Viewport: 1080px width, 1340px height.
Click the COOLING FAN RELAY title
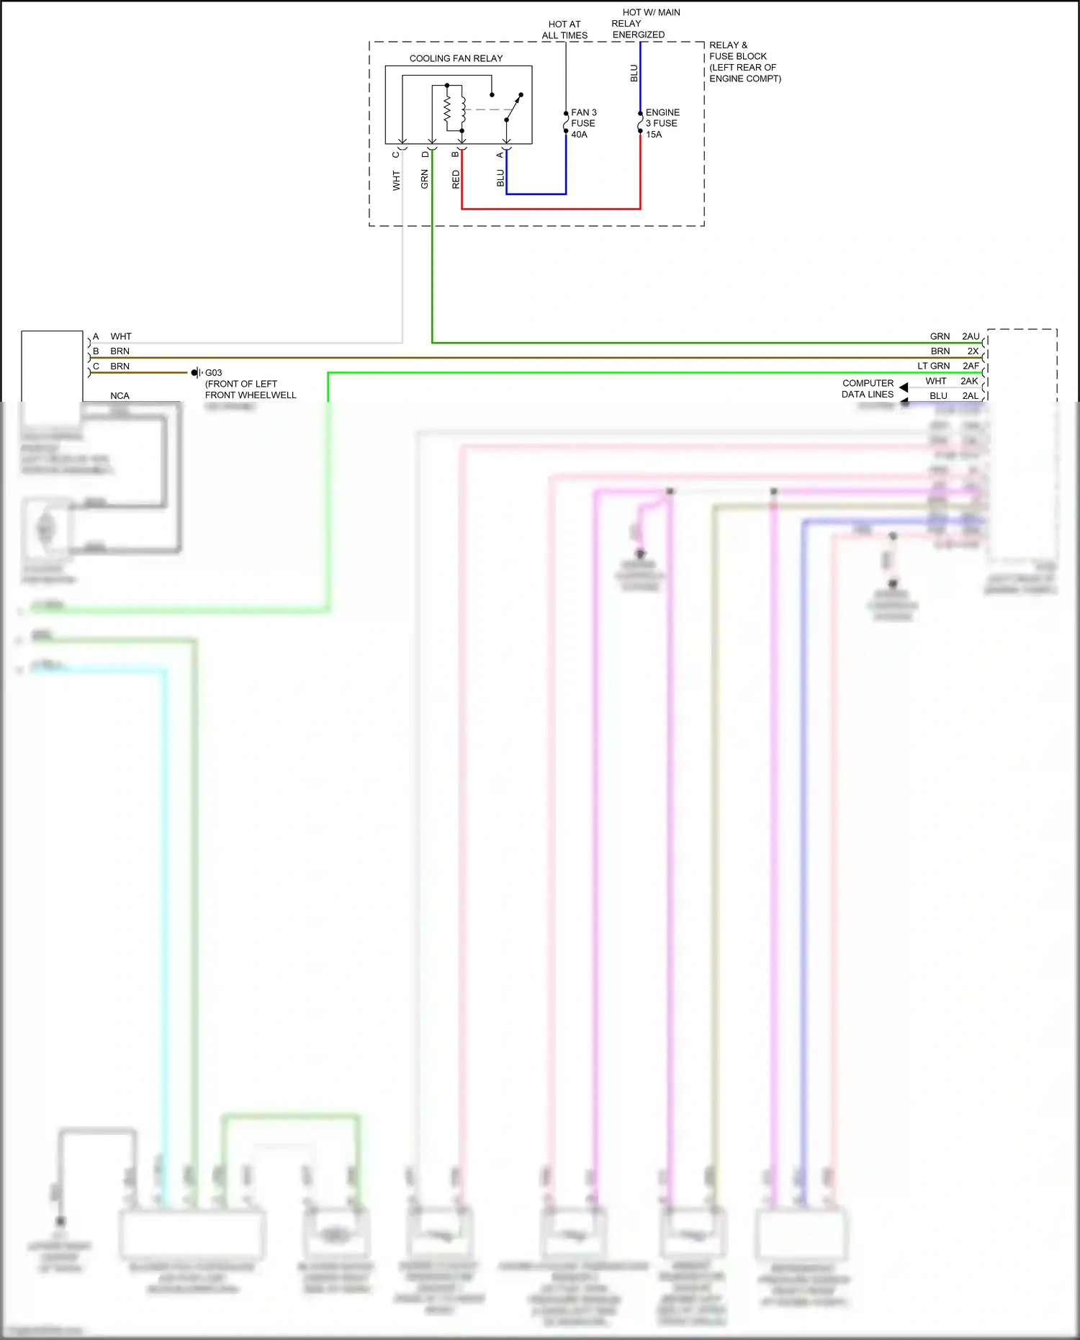pos(456,58)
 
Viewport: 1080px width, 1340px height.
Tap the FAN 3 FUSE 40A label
pos(583,123)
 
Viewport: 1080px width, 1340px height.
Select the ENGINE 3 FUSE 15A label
pos(662,123)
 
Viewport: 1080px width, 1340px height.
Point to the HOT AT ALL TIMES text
pos(564,30)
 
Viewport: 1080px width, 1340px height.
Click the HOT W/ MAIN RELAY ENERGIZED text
pos(645,23)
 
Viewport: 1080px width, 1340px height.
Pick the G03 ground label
pos(214,373)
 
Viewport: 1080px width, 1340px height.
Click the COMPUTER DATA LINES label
pos(868,389)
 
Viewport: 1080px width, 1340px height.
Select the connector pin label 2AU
pos(971,336)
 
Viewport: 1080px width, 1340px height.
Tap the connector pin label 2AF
pos(971,366)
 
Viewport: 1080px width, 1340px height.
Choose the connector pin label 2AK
pos(969,381)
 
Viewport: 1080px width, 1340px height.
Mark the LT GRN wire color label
pos(933,366)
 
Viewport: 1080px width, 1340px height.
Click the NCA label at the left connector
pos(120,396)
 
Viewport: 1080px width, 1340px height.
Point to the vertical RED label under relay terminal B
pos(456,179)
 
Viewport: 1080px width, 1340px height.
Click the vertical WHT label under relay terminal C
pos(396,180)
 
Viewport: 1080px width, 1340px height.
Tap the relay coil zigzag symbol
pos(447,109)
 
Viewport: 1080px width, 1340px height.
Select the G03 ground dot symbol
pos(194,373)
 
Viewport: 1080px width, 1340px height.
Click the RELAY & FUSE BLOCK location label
pos(744,62)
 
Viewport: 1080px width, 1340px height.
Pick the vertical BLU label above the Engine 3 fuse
pos(634,73)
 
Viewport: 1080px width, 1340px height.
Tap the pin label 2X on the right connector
pos(973,351)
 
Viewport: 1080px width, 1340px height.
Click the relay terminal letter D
pos(425,155)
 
